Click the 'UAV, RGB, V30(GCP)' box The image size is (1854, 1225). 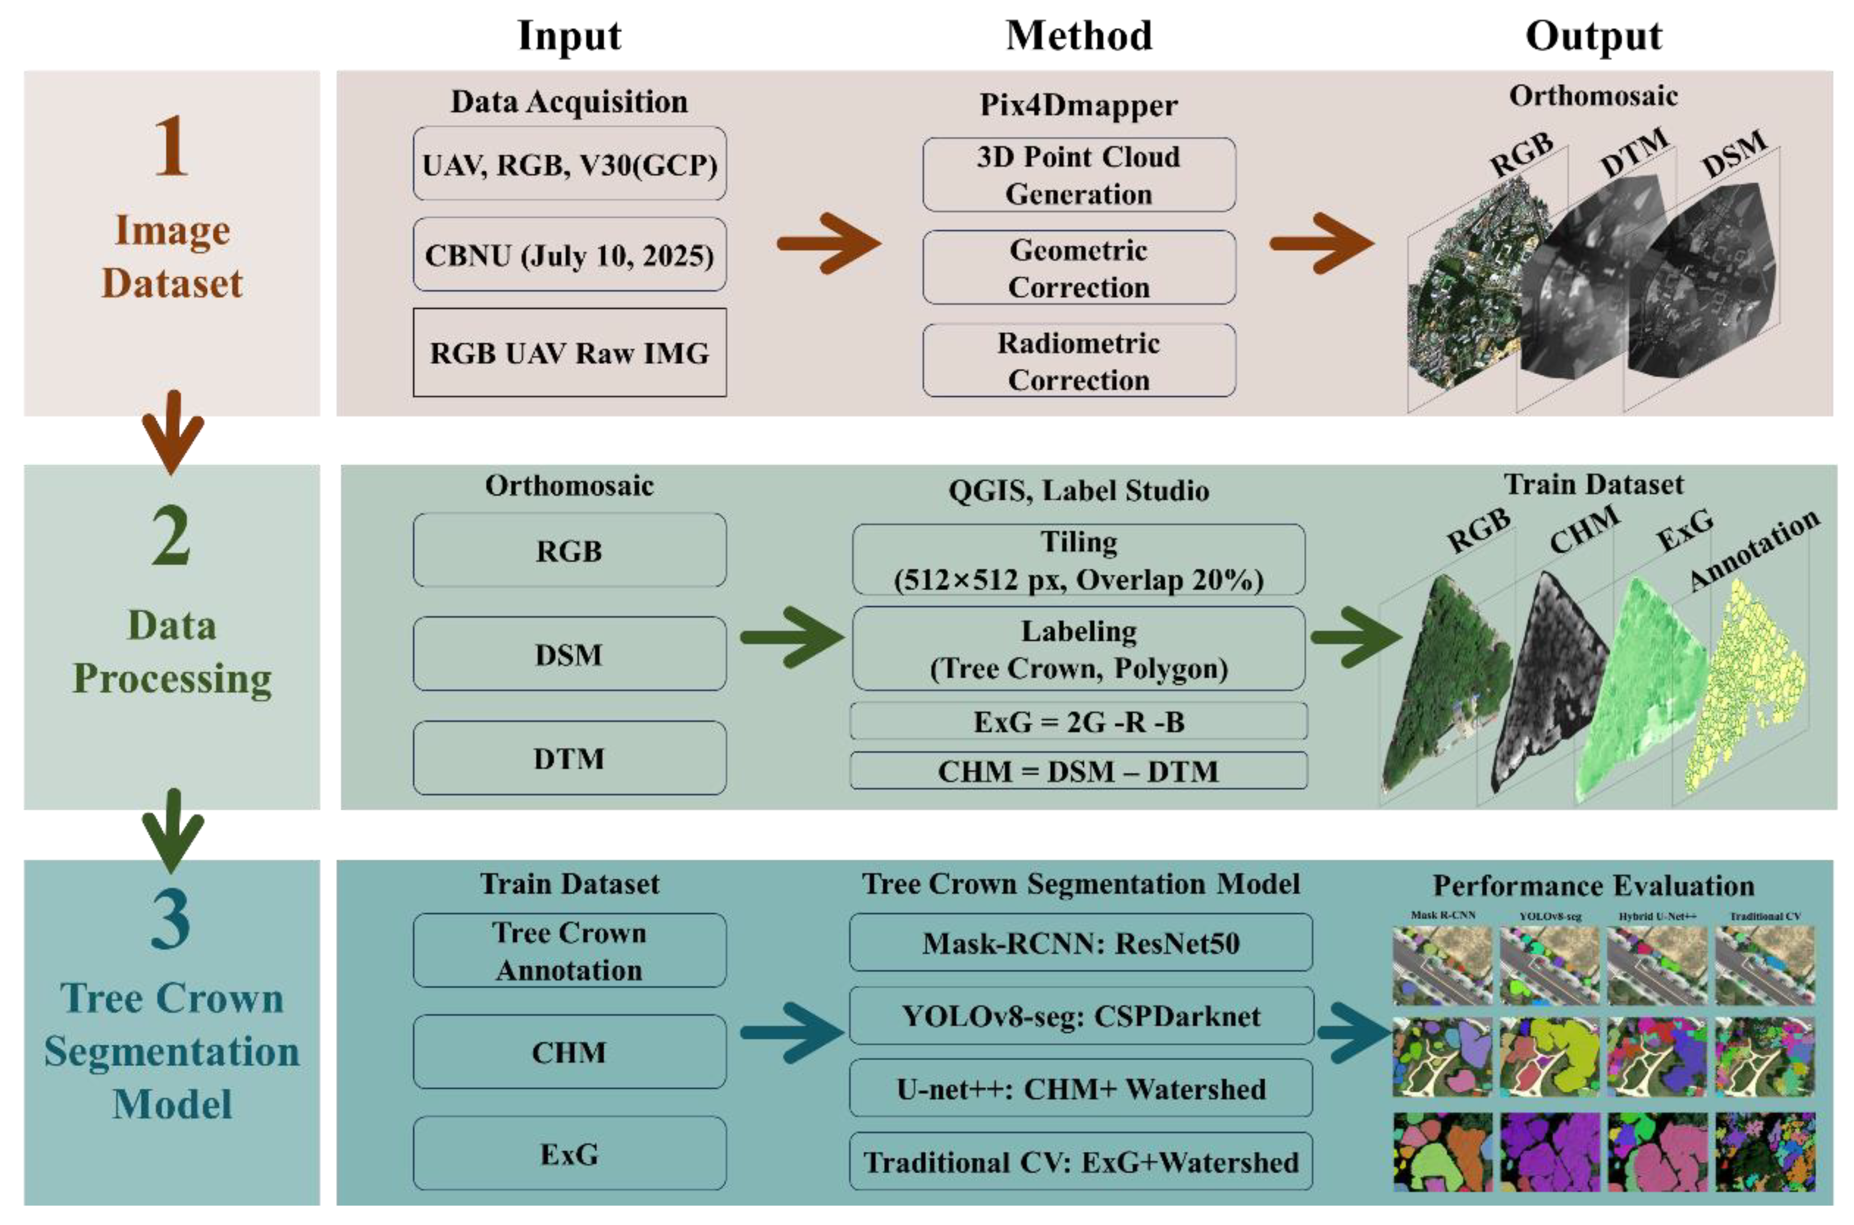pyautogui.click(x=569, y=164)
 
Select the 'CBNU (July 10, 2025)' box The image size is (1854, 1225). pyautogui.click(x=569, y=255)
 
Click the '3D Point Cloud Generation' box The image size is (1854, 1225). pyautogui.click(x=1078, y=175)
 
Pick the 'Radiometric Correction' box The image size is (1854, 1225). pyautogui.click(x=1078, y=361)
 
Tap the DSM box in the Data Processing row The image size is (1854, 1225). pyautogui.click(x=569, y=654)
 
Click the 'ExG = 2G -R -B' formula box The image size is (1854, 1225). pyautogui.click(x=1078, y=721)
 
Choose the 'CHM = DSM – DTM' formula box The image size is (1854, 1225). pyautogui.click(x=1078, y=771)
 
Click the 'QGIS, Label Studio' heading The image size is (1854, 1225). pyautogui.click(x=1078, y=491)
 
